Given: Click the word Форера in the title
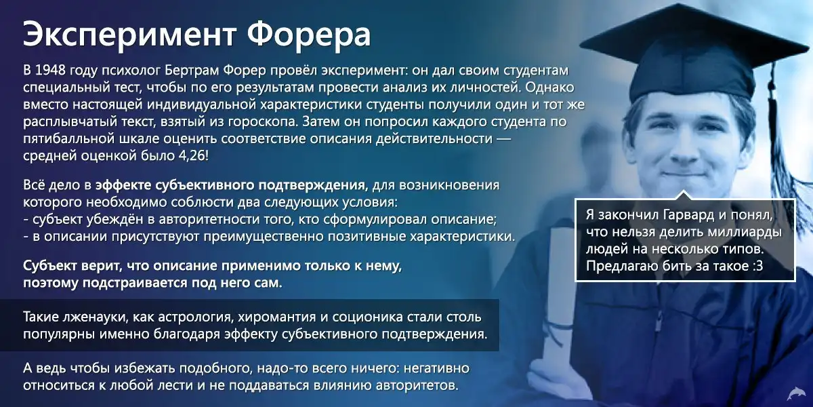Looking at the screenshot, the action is (309, 35).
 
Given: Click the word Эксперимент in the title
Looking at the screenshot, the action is (130, 35).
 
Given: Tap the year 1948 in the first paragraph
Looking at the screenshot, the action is (50, 70).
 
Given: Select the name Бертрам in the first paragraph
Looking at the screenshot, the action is (192, 71).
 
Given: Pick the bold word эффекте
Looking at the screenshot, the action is (123, 185).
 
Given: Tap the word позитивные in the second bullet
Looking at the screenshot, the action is (367, 237).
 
